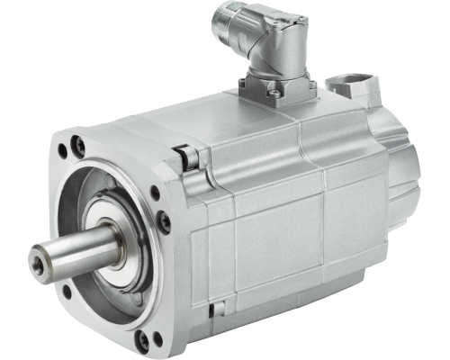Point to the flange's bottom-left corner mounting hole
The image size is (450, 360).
[67, 290]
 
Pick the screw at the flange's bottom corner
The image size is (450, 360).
[145, 340]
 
